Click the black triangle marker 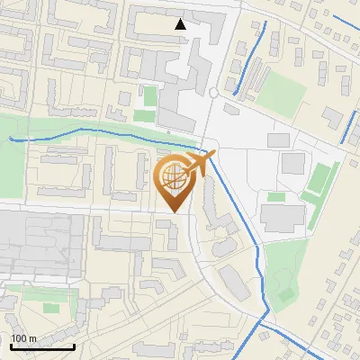click(x=181, y=24)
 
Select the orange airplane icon click(x=200, y=163)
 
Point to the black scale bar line click(x=42, y=346)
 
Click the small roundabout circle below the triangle click(x=213, y=92)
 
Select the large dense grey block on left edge click(x=36, y=243)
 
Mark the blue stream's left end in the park click(x=10, y=138)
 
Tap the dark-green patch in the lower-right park click(x=285, y=293)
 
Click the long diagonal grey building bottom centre click(x=233, y=282)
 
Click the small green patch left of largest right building click(x=275, y=196)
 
